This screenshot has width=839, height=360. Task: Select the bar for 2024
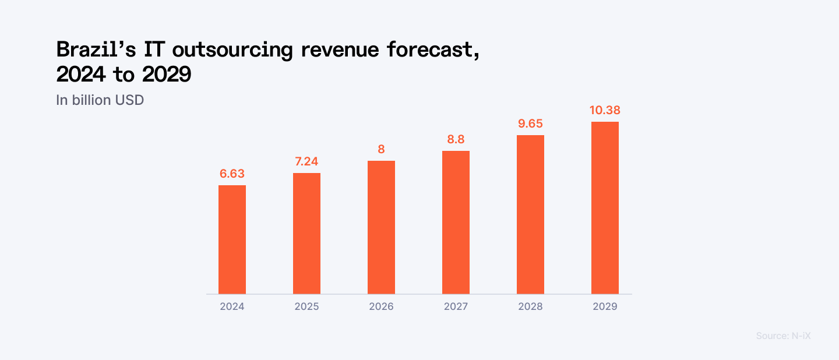tap(232, 239)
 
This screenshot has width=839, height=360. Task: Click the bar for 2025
tap(306, 233)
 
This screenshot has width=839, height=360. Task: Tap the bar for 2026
tap(381, 227)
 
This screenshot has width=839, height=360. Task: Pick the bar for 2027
tap(456, 222)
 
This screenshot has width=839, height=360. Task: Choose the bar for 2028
tap(530, 214)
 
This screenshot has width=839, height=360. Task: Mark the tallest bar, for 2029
tap(605, 207)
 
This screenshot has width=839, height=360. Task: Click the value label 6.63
tap(232, 174)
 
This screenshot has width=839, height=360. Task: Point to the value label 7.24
tap(306, 161)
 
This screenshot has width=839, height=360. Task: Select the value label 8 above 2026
tap(381, 149)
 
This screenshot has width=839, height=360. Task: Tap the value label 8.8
tap(456, 139)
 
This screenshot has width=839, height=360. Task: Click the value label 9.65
tap(530, 123)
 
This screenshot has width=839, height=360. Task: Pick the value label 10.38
tap(605, 110)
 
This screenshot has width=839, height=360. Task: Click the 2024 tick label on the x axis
tap(232, 306)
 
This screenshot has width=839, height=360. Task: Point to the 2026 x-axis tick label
tap(381, 306)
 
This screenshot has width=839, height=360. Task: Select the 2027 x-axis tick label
tap(456, 306)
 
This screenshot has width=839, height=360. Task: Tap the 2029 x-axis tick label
tap(605, 306)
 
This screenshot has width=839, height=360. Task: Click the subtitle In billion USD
tap(100, 100)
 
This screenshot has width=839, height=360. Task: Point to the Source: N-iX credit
tap(783, 336)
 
